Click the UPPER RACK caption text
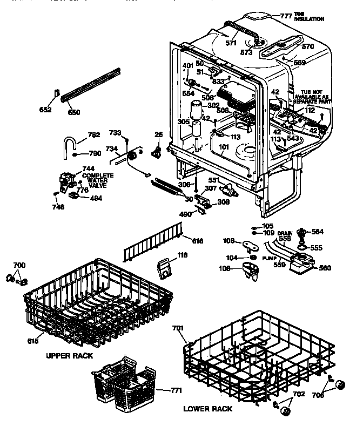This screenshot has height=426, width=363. (x=69, y=356)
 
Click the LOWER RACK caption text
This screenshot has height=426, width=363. (x=208, y=409)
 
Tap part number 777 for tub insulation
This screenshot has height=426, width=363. (x=286, y=15)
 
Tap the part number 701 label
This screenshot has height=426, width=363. (x=178, y=328)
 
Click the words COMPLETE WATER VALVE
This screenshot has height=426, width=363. (x=98, y=180)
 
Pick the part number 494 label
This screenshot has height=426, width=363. (x=96, y=198)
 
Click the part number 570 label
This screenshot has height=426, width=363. (x=307, y=47)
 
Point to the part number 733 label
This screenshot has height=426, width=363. (x=116, y=132)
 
